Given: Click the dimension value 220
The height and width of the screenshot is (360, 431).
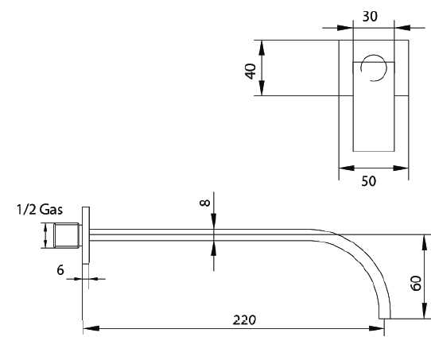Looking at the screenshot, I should pyautogui.click(x=244, y=319).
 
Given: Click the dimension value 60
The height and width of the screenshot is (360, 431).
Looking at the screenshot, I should pyautogui.click(x=416, y=283).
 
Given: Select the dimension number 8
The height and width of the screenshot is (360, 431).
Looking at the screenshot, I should pyautogui.click(x=205, y=203).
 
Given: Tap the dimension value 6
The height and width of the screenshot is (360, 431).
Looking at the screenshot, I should pyautogui.click(x=60, y=270).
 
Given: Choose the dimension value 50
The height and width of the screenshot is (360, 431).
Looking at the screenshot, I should pyautogui.click(x=368, y=181).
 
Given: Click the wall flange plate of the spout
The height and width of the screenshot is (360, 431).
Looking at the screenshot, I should pyautogui.click(x=85, y=235).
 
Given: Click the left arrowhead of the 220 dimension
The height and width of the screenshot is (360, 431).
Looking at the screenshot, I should pyautogui.click(x=88, y=327).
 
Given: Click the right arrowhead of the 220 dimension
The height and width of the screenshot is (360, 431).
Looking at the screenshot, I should pyautogui.click(x=381, y=327).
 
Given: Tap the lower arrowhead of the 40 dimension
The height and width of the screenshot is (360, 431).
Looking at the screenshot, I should pyautogui.click(x=263, y=91).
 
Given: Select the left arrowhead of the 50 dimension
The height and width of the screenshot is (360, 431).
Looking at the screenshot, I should pyautogui.click(x=344, y=167).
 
